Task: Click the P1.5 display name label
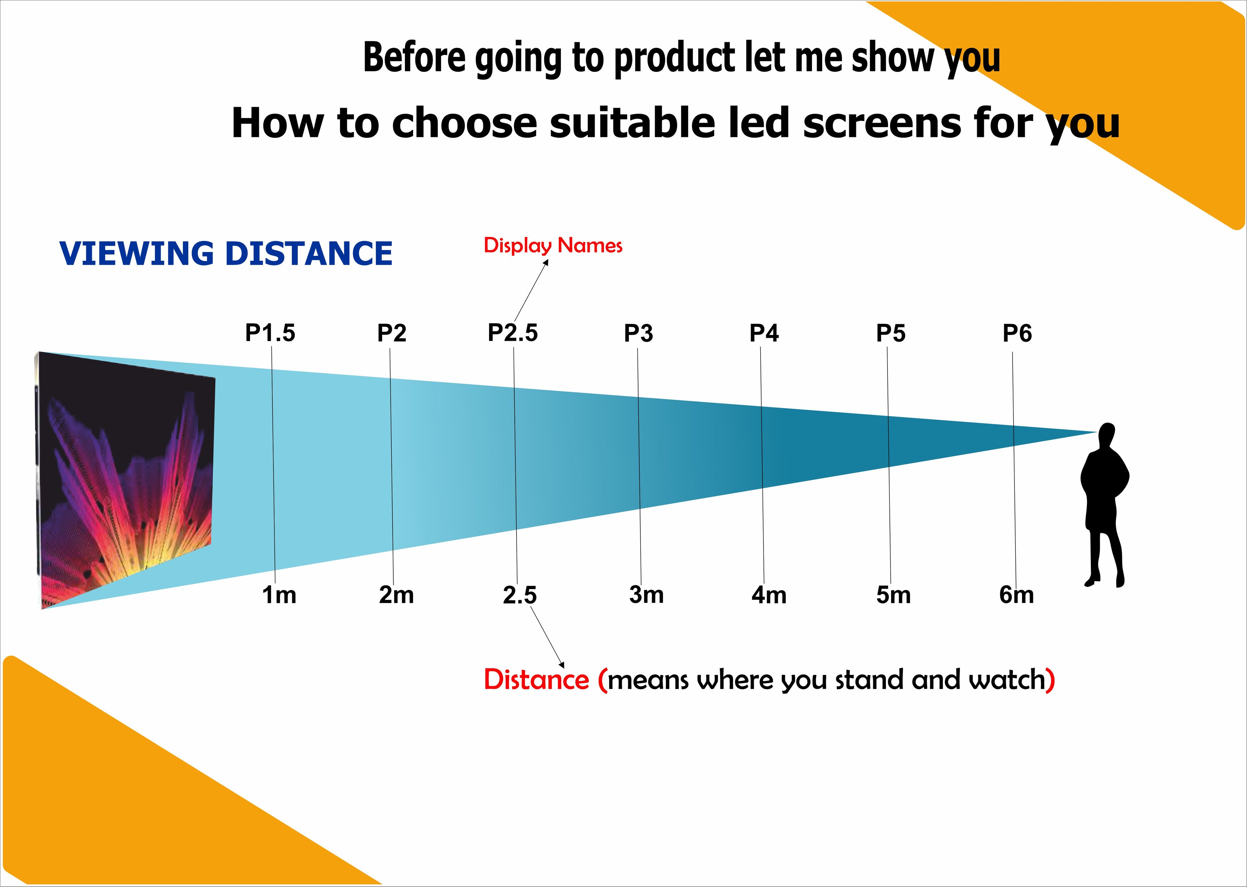click(270, 333)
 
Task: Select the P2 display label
click(392, 333)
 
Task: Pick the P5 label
click(891, 333)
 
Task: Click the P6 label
click(1017, 333)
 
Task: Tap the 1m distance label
click(279, 595)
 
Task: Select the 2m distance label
click(396, 595)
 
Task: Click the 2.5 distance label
click(520, 595)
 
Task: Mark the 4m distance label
click(769, 595)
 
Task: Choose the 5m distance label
click(893, 595)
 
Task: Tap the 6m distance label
click(1016, 595)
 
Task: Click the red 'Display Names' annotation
click(553, 246)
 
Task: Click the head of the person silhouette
click(1107, 434)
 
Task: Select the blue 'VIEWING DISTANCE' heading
click(226, 253)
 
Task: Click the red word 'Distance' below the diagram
click(536, 680)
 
